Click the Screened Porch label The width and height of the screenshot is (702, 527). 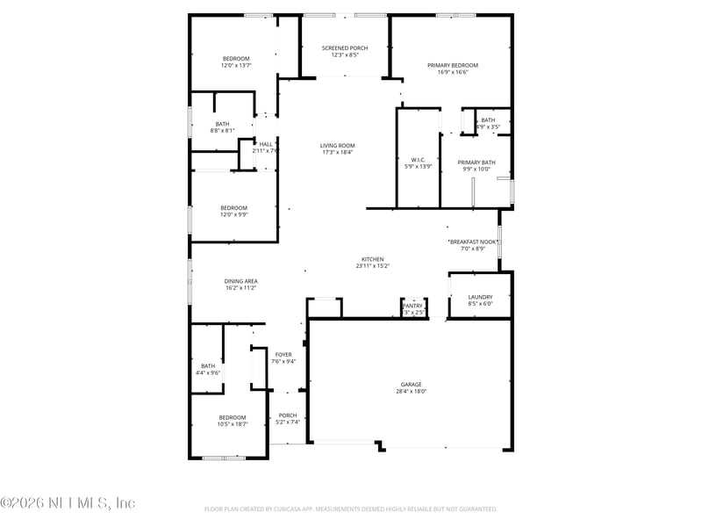(344, 47)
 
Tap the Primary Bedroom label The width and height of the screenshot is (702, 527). (453, 65)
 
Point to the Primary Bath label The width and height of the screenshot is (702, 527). (476, 162)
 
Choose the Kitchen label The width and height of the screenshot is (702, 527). (373, 259)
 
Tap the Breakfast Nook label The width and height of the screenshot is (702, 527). (473, 242)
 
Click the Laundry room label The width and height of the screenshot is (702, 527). (480, 297)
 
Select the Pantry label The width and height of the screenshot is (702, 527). (412, 306)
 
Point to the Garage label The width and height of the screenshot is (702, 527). (412, 384)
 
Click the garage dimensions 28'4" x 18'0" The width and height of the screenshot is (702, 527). (412, 392)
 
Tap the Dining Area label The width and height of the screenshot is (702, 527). (240, 281)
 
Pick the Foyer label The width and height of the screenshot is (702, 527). (283, 354)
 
